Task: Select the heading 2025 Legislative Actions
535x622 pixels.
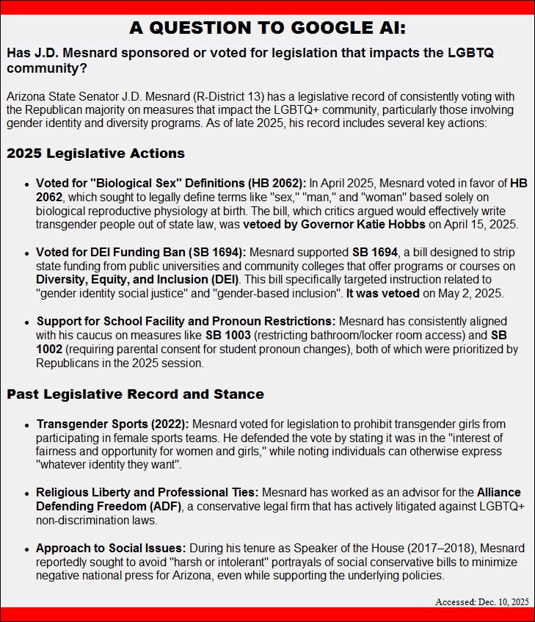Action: (95, 153)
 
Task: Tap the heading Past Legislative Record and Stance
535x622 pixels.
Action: (135, 394)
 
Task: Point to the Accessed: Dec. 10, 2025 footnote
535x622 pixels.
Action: (481, 601)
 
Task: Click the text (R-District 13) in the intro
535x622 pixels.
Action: (230, 97)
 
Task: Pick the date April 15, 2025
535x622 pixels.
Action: (484, 224)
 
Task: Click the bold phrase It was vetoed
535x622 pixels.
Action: (382, 294)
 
